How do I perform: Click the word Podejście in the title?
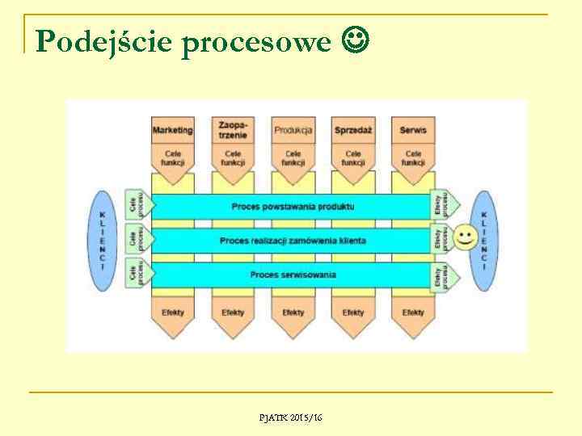click(104, 41)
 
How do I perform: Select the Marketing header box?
click(173, 130)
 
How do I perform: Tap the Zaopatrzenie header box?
click(233, 130)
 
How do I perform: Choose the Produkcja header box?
click(293, 130)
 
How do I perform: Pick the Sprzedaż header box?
click(353, 130)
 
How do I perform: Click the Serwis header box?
click(413, 130)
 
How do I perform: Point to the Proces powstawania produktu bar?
click(293, 207)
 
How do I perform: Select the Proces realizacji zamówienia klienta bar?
click(293, 241)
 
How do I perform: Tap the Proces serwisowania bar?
click(293, 275)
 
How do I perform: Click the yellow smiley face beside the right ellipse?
click(465, 237)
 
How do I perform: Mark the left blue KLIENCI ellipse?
click(102, 241)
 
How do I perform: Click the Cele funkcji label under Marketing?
click(173, 157)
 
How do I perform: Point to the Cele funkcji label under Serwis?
click(413, 157)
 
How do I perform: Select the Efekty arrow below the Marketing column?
click(173, 313)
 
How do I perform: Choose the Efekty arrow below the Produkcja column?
click(293, 313)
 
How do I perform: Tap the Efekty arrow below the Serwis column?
click(413, 313)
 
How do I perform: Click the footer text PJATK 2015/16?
click(290, 417)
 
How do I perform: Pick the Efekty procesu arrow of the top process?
click(443, 207)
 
